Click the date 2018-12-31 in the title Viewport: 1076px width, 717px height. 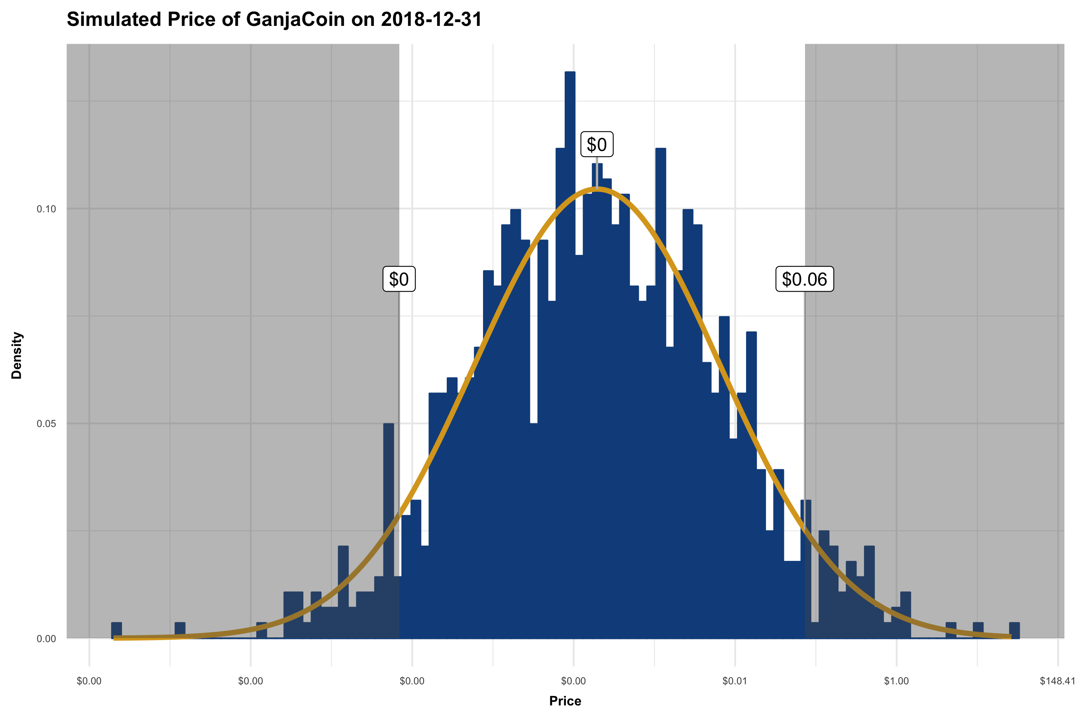431,20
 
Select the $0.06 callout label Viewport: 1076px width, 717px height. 804,279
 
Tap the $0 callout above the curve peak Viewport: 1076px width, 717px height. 597,145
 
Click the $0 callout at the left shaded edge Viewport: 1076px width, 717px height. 399,279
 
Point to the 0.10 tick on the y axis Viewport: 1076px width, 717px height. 46,209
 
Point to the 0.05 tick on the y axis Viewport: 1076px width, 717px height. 46,424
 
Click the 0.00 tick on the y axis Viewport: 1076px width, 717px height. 46,639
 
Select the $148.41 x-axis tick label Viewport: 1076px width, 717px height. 1057,681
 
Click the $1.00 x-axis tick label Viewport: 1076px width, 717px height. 896,681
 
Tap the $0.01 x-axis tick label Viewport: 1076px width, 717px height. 735,681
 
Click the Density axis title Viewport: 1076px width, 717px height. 17,355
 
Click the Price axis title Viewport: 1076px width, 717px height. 565,701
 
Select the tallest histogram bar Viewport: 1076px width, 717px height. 570,320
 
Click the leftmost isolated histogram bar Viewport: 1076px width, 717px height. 117,631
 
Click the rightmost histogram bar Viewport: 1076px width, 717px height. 1014,631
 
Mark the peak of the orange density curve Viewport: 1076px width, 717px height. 597,188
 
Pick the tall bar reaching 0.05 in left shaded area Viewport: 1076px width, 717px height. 389,526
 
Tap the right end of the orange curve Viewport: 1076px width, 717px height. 1010,636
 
